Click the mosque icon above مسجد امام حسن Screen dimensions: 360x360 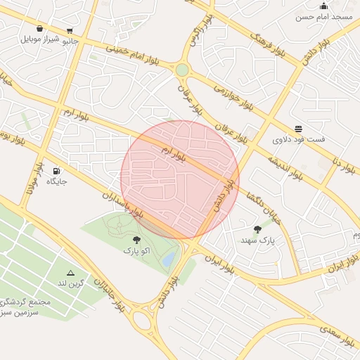point(323,6)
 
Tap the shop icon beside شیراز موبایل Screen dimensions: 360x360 point(39,29)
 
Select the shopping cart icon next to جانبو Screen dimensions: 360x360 point(70,30)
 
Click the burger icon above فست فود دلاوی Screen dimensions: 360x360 point(299,129)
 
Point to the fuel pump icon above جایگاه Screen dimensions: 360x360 point(56,171)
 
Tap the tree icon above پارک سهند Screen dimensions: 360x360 point(257,229)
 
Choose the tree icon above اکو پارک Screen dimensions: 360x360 point(136,240)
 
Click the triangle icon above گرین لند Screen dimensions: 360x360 point(70,273)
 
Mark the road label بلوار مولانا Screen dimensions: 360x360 point(31,181)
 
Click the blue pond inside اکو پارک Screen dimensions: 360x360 point(169,260)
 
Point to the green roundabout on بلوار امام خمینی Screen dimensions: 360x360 point(182,70)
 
